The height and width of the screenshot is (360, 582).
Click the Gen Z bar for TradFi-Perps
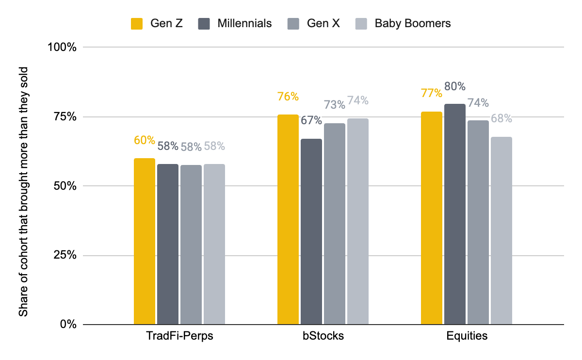coord(145,241)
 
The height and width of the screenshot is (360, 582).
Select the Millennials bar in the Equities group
coord(455,214)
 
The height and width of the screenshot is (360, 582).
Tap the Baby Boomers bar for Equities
coord(501,230)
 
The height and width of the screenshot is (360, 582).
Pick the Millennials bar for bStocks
coord(311,231)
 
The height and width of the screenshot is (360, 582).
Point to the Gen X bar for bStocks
coord(334,224)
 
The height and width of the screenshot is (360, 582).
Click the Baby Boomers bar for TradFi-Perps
coord(214,244)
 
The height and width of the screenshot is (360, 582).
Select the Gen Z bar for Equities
coord(431,218)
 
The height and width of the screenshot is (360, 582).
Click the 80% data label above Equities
coord(455,86)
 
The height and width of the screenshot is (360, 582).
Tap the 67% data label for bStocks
coord(311,120)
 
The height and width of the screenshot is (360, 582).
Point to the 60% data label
coord(145,140)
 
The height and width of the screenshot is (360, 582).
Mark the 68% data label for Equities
coord(501,118)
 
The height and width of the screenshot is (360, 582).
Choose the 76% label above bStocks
coord(288,97)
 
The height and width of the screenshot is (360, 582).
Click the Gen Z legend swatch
coord(137,24)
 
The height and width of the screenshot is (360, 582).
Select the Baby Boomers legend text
coord(413,23)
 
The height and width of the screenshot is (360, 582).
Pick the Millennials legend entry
coord(235,24)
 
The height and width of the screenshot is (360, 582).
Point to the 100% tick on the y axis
coord(62,48)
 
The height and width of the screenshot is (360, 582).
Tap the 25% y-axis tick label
coord(65,255)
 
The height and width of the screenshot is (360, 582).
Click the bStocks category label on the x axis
coord(323,336)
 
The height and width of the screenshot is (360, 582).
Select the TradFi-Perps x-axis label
coord(179,336)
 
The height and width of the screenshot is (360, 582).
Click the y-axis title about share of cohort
coord(23,192)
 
